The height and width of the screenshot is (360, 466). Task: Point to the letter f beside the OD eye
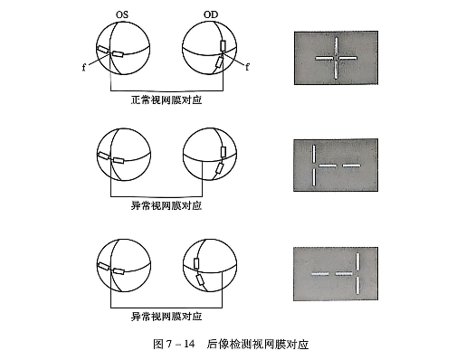(x=248, y=64)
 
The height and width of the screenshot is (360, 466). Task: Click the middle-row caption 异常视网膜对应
(x=166, y=205)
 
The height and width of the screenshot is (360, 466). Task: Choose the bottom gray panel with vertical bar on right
(x=335, y=271)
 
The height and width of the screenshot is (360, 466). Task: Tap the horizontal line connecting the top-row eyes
(x=166, y=90)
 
